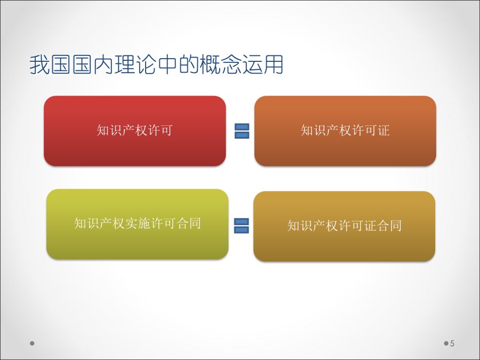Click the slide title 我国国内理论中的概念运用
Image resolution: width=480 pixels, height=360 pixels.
pos(156,65)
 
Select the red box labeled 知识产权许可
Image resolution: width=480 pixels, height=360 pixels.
pos(135,131)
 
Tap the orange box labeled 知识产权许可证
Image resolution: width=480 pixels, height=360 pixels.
pos(345,131)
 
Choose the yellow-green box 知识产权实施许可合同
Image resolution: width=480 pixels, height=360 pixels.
pos(138,224)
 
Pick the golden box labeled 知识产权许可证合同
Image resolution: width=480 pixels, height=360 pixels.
pos(345,226)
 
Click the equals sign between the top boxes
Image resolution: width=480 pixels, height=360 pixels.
pos(242,131)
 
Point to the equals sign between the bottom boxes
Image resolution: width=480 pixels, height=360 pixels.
pos(242,226)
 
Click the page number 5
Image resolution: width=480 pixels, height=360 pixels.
pos(452,343)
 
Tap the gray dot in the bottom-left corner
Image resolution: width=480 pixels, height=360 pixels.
pos(32,343)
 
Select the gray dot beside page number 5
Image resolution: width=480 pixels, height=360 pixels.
pos(446,343)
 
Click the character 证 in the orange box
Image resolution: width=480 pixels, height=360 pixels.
pos(384,131)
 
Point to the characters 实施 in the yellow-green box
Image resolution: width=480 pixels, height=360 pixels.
pos(138,223)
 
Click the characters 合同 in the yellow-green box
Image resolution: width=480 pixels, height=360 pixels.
pos(189,223)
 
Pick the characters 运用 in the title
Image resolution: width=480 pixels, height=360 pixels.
pos(262,65)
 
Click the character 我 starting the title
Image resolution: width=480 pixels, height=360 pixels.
pos(40,65)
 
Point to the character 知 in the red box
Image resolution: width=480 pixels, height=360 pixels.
pos(103,131)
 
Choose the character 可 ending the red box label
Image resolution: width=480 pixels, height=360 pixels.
pos(167,131)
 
